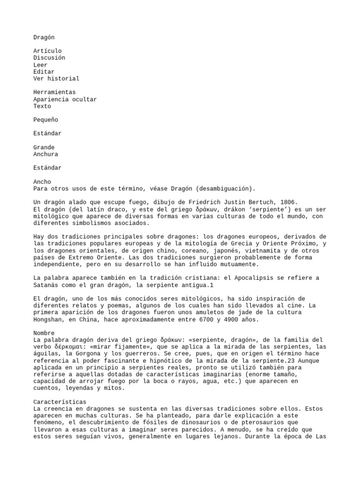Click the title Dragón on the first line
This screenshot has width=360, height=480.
pyautogui.click(x=44, y=37)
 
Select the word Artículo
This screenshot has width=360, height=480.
pyautogui.click(x=47, y=51)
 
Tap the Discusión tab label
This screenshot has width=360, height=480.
pyautogui.click(x=49, y=58)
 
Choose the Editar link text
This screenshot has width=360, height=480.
pyautogui.click(x=44, y=72)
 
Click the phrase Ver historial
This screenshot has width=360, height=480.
pyautogui.click(x=56, y=78)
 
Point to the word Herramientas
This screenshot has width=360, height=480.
pyautogui.click(x=54, y=92)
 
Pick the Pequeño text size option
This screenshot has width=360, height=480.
pyautogui.click(x=45, y=120)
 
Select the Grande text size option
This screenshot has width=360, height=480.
pyautogui.click(x=44, y=147)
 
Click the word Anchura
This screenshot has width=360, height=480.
pyautogui.click(x=45, y=154)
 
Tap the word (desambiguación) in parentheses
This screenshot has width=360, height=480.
pyautogui.click(x=226, y=188)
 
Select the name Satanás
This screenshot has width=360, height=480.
pyautogui.click(x=47, y=285)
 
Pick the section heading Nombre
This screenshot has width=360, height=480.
pyautogui.click(x=44, y=333)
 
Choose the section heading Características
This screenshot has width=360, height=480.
pyautogui.click(x=60, y=402)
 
